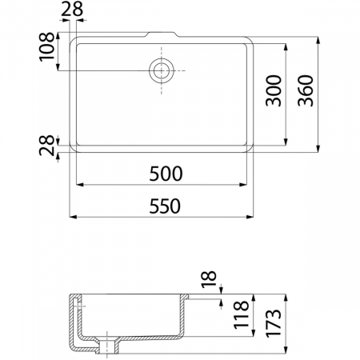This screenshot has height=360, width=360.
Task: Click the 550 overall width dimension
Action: click(x=165, y=206)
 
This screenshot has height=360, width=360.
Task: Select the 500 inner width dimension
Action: click(x=166, y=174)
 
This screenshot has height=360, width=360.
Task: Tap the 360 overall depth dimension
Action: click(x=306, y=90)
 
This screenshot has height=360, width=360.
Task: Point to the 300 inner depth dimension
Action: click(x=274, y=90)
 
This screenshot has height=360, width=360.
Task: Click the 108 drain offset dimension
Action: click(x=46, y=47)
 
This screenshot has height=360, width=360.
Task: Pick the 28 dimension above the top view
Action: click(x=72, y=9)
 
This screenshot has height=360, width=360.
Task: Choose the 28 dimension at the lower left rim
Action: click(x=46, y=146)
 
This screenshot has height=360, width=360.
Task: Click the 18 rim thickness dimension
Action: click(x=209, y=279)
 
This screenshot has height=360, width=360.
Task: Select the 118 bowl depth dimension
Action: click(x=241, y=315)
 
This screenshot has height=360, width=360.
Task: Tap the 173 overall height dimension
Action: click(x=274, y=323)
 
